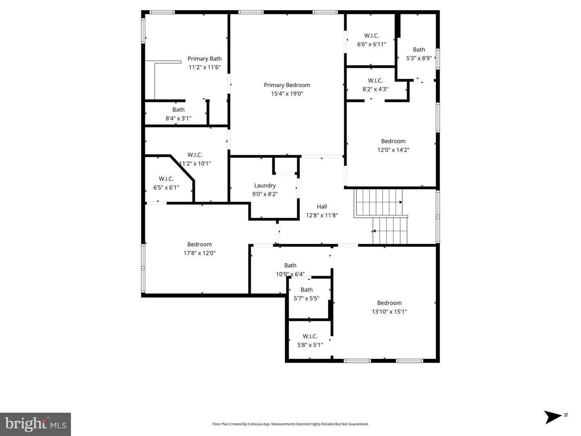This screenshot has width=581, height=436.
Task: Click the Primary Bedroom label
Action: (x=287, y=85)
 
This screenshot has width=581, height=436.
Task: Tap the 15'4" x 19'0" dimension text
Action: (x=287, y=94)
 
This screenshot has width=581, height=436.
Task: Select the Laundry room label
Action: (x=265, y=186)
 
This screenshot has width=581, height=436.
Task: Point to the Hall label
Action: (x=322, y=207)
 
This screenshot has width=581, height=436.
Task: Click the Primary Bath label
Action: (x=205, y=59)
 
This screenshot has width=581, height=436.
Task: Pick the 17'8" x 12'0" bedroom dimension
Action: (x=200, y=253)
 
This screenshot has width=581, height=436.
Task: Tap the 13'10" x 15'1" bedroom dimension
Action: (x=389, y=312)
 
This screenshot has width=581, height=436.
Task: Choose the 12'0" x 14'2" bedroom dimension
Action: (x=393, y=150)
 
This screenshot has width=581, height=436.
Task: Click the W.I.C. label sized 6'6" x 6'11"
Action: (x=372, y=36)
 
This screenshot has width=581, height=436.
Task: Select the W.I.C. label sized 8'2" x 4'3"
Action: (x=375, y=81)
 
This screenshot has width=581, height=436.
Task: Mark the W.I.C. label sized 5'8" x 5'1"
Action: (x=310, y=336)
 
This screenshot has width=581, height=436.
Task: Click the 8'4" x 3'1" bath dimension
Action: (x=178, y=119)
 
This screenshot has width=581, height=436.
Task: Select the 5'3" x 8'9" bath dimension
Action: (x=419, y=58)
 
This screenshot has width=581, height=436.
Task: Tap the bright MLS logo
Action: (x=36, y=424)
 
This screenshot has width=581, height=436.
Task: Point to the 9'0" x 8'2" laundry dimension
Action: (x=265, y=194)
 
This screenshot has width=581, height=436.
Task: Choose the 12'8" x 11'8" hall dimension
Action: (x=322, y=215)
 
